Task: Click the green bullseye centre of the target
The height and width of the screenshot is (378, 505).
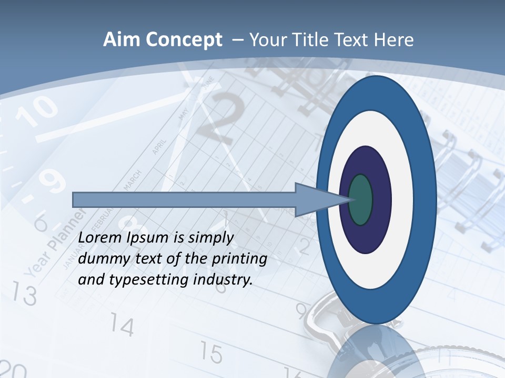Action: (361, 199)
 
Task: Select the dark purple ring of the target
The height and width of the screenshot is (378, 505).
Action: (381, 199)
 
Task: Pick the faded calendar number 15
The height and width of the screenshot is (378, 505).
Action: (211, 354)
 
